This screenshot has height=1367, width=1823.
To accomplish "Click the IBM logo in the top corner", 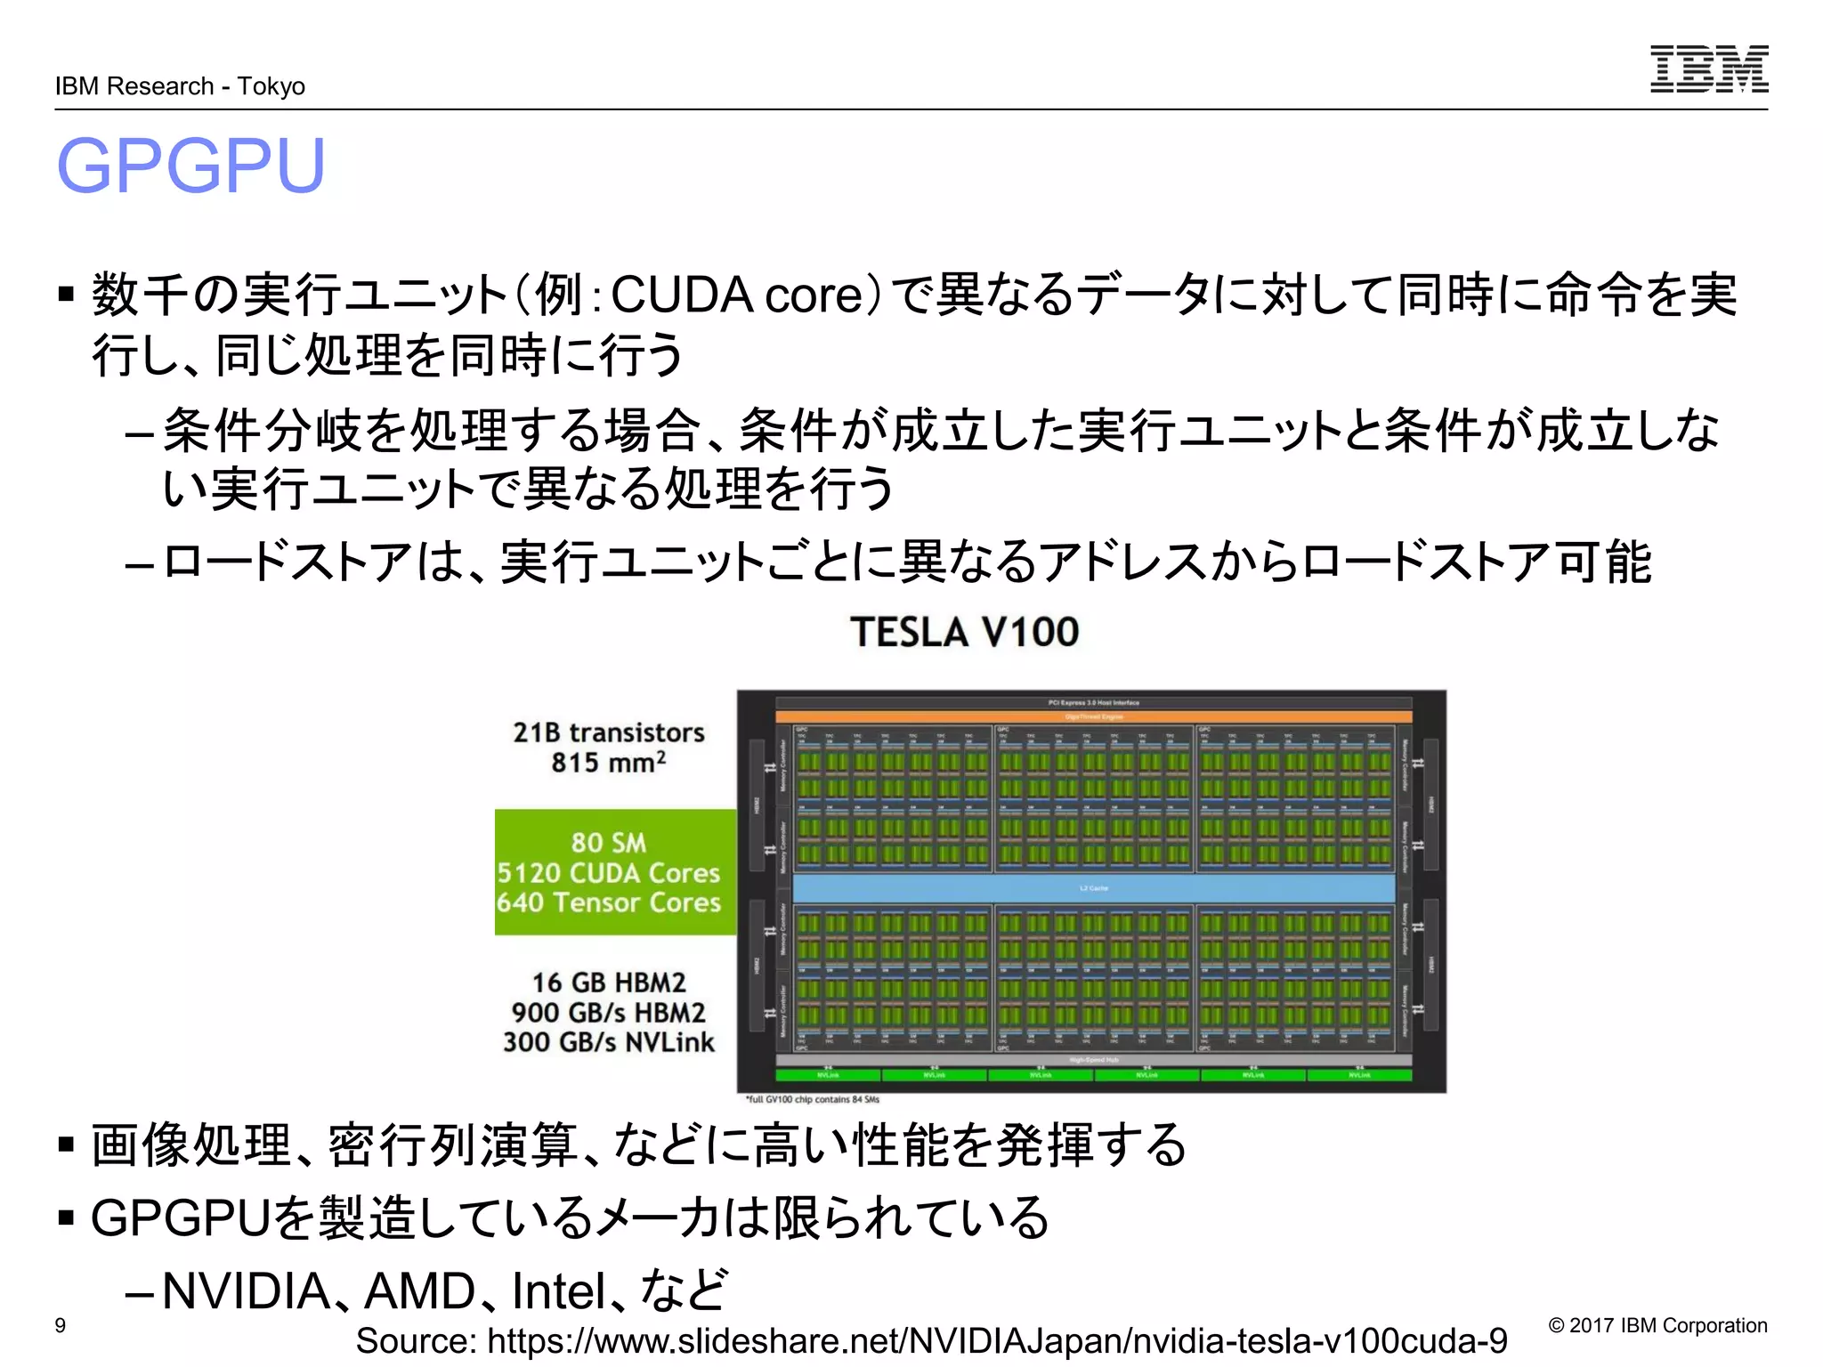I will pos(1708,69).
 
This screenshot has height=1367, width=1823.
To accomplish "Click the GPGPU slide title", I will pos(190,166).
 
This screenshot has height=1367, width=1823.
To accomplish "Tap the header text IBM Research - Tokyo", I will pos(180,86).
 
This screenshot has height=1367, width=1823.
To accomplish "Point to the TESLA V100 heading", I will pos(964,632).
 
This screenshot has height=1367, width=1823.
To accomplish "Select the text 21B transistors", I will pos(608,732).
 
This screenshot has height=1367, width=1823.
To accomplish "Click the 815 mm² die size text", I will pos(608,763).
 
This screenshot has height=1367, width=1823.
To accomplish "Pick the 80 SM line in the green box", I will pos(608,842).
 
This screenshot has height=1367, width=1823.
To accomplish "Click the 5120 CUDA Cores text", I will pos(608,872).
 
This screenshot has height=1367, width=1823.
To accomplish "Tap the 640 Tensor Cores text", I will pos(608,902).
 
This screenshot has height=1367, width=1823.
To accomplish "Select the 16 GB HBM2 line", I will pos(609,983).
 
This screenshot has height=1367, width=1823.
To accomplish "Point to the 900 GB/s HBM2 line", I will pos(608,1013).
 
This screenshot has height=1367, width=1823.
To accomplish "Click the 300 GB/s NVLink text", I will pos(608,1042).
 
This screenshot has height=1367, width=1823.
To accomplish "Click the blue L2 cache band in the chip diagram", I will pos(1093,888).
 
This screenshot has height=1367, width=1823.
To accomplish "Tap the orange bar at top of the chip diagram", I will pos(1093,716).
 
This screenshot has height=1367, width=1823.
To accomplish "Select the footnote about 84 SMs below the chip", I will pos(812,1100).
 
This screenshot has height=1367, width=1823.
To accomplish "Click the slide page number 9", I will pos(61,1325).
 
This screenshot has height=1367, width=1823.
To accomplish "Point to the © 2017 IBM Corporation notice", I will pos(1657,1325).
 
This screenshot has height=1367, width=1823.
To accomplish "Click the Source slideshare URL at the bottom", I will pos(931,1340).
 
